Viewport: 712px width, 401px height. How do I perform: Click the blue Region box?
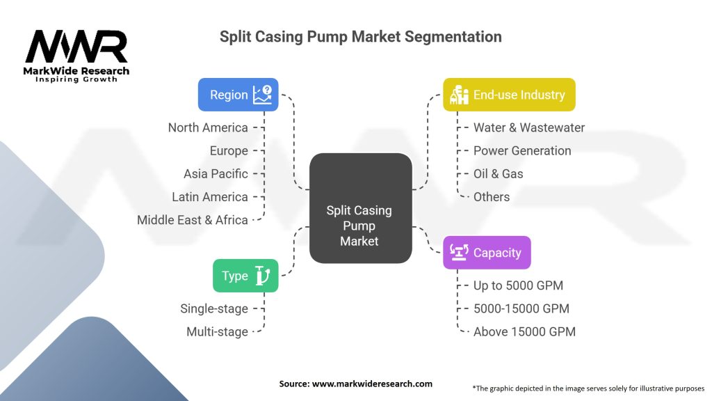point(238,95)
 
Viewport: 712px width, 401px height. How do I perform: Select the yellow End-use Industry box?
point(509,95)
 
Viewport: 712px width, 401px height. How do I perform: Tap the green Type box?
point(245,276)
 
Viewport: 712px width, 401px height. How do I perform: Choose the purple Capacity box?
point(487,253)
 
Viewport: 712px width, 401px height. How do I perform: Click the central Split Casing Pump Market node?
point(359,226)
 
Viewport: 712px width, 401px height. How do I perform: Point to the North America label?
point(208,127)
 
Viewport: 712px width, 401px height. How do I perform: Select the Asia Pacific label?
point(216,173)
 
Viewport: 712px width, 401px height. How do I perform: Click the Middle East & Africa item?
point(193,219)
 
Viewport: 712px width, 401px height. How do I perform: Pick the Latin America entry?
point(210,196)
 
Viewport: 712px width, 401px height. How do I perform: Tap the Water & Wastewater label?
point(529,127)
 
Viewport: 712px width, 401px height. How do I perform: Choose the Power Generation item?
point(522,150)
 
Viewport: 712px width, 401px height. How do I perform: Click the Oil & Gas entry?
point(498,173)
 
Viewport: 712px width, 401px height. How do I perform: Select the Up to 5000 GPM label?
point(518,285)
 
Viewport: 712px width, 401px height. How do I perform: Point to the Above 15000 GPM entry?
point(524,331)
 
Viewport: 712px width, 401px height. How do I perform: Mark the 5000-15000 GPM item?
point(521,308)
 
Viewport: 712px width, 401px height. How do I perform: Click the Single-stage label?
point(214,308)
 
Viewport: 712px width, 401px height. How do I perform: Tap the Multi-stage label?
point(217,331)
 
